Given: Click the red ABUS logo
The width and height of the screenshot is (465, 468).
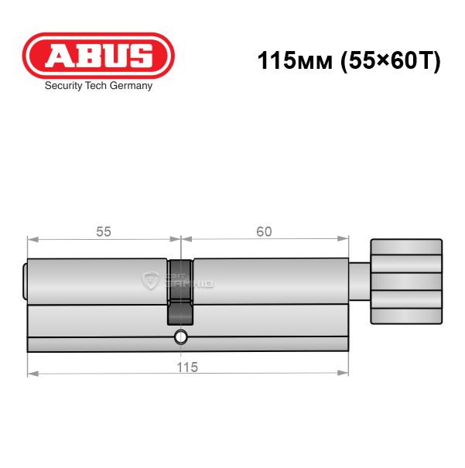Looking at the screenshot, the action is (x=98, y=56).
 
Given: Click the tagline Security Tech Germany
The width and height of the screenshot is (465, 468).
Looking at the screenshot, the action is (x=98, y=86).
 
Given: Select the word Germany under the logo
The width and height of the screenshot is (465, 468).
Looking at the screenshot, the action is (x=131, y=86).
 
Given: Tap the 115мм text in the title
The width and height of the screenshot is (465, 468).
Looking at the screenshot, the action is (x=295, y=60).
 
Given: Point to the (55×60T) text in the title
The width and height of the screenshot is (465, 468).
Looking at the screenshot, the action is (x=391, y=61).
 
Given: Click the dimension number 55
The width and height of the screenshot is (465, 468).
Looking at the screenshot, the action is (x=104, y=231).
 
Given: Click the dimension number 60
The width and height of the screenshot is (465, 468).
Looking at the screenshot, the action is (x=264, y=231).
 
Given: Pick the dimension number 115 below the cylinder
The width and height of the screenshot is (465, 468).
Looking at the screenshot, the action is (x=187, y=367).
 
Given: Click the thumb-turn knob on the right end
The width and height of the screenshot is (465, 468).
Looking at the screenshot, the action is (x=406, y=281).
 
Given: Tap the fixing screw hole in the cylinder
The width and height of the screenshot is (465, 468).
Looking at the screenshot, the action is (x=180, y=337).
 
